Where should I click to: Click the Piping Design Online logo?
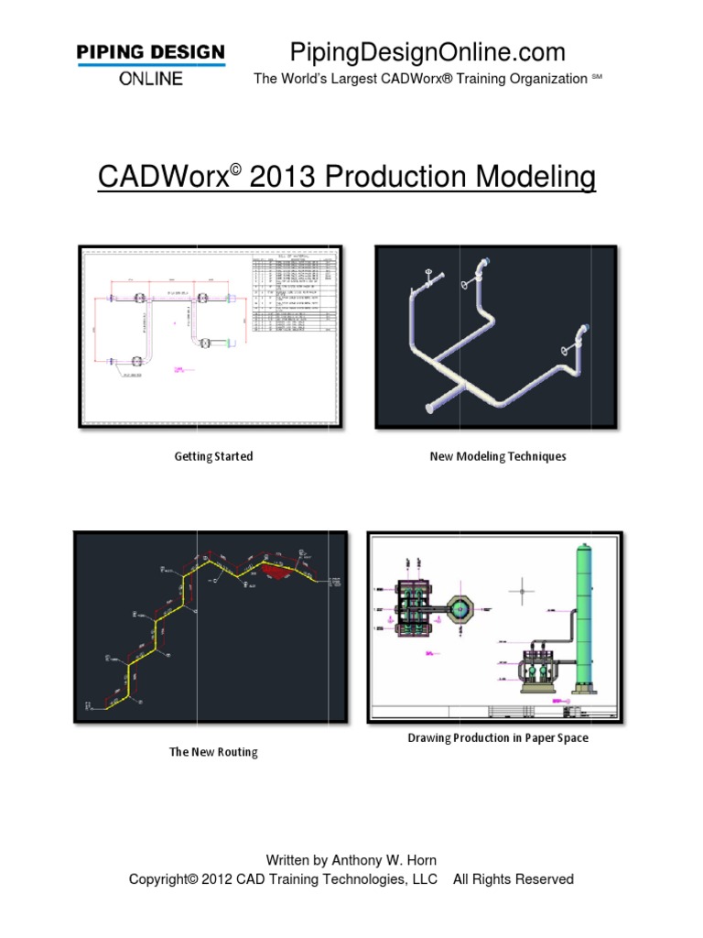pos(150,63)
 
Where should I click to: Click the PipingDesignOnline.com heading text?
pos(427,51)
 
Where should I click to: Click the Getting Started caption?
pos(213,456)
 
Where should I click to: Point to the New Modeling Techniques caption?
pos(498,456)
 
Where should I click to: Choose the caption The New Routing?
pos(213,752)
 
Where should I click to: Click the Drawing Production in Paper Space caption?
pos(498,737)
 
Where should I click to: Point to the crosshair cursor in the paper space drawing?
pos(522,591)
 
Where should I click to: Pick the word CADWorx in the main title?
pos(162,177)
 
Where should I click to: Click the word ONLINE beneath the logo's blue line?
pos(150,78)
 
